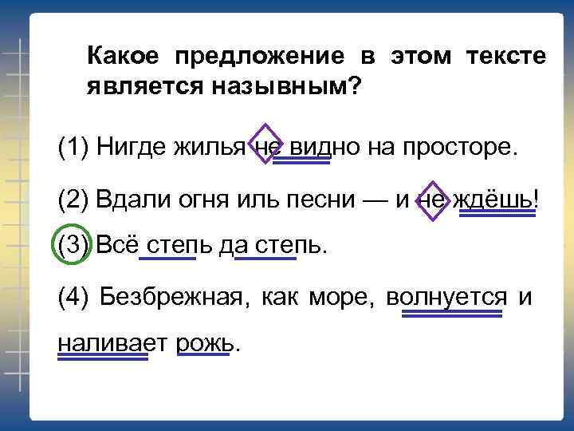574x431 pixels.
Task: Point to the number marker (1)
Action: tap(74, 147)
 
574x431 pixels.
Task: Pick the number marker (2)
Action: tap(74, 198)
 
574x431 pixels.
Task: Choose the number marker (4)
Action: tap(74, 297)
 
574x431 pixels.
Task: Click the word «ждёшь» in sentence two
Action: tap(491, 200)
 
